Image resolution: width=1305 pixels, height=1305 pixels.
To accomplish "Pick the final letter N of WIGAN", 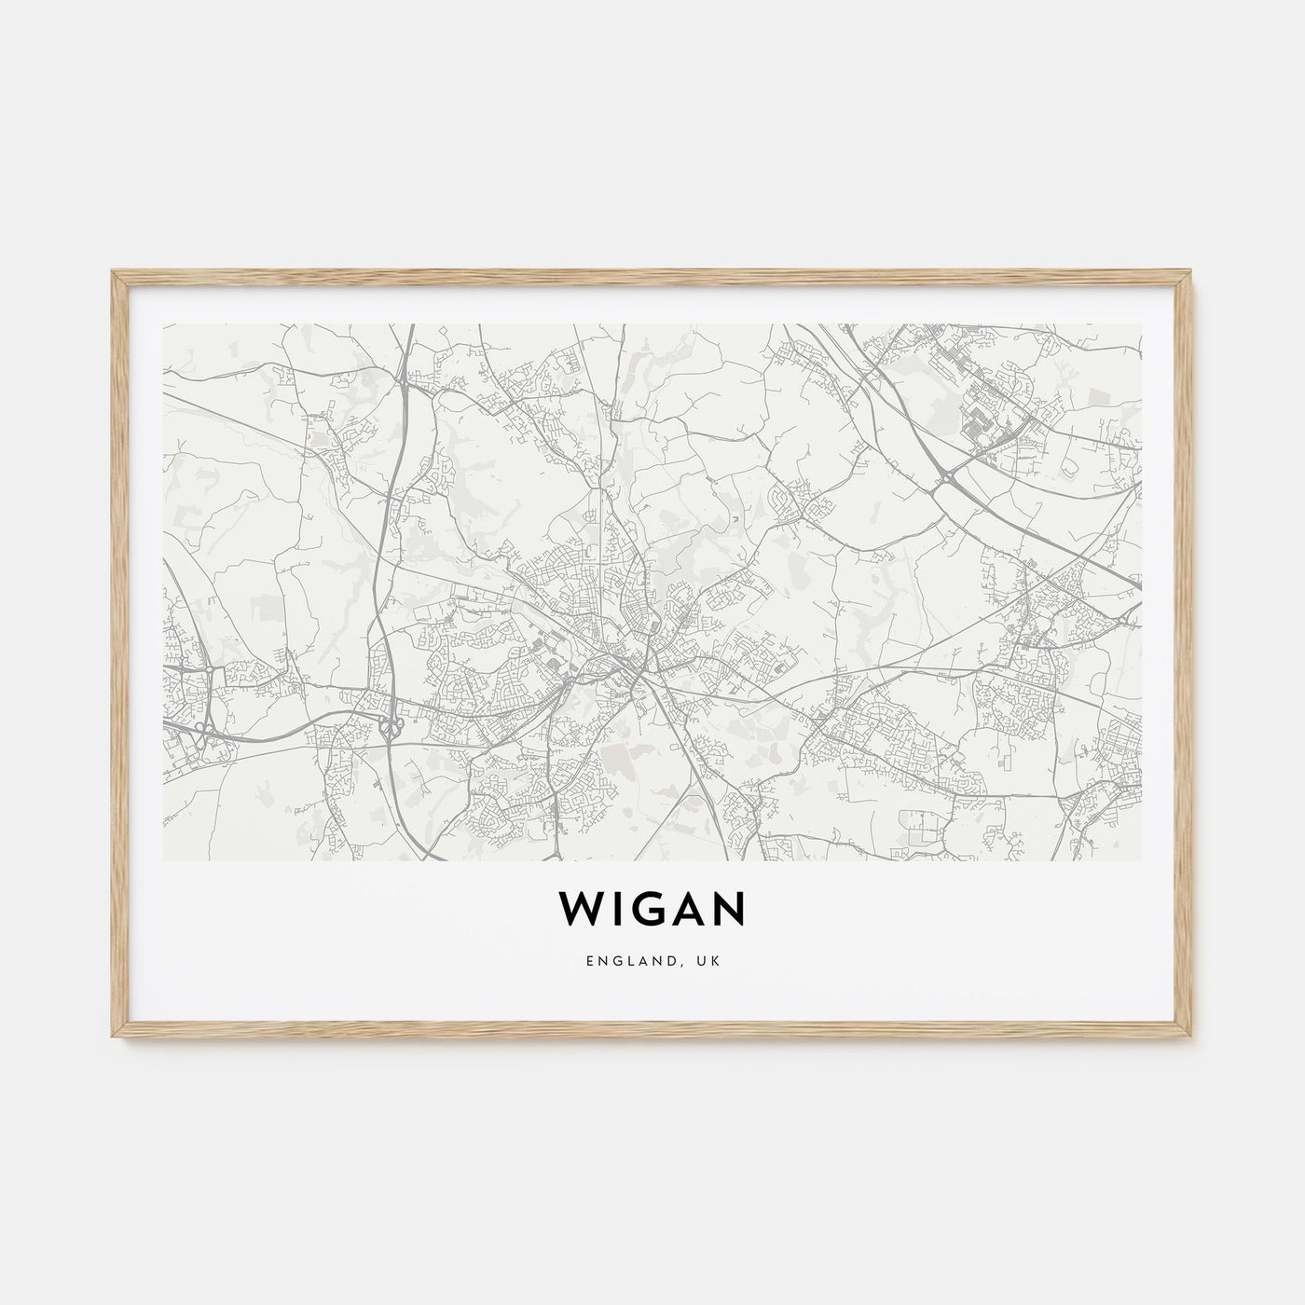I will tap(728, 911).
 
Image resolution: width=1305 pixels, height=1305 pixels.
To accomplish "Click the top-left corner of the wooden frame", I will tap(113, 271).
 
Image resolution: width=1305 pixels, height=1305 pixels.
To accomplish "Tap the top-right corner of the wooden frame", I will tap(1192, 271).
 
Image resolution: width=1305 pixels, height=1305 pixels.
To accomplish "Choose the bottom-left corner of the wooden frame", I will tap(113, 1039).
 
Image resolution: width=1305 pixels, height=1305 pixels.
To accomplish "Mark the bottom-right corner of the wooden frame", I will tap(1192, 1039).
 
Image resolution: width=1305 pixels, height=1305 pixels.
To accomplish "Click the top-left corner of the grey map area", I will tap(164, 325).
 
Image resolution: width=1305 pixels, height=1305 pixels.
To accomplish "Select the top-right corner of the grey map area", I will tap(1141, 325).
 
